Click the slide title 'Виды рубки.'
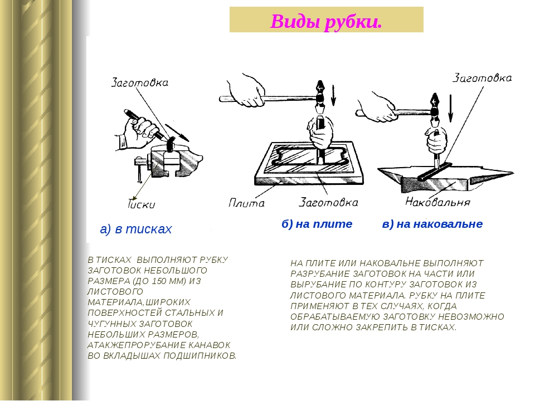coord(326,22)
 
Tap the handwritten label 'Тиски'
coord(142,204)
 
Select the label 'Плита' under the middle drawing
coord(246,203)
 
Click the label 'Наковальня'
coord(438,202)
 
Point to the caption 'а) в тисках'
coord(136,229)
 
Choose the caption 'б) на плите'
coord(317,224)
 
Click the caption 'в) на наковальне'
coord(432,224)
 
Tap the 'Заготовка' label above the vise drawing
coord(140,82)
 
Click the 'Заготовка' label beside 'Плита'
coord(329,202)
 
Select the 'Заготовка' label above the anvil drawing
coord(482,78)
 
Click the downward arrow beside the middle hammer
coord(333,95)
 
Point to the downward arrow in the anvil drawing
coord(451,108)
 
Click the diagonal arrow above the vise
coord(177,133)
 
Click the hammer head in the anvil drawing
coord(434,110)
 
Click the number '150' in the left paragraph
coord(159,281)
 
